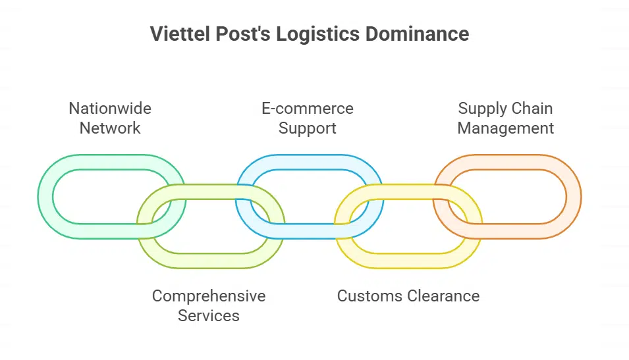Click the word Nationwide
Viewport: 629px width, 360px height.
(x=110, y=109)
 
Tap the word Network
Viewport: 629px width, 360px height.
(x=110, y=128)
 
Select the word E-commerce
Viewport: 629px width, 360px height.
(x=308, y=109)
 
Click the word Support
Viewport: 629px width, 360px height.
(x=308, y=128)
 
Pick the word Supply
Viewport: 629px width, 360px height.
(x=482, y=109)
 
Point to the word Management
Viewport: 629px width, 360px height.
(x=506, y=128)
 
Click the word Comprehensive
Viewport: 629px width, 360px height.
(x=209, y=296)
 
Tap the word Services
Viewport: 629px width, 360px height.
(x=209, y=316)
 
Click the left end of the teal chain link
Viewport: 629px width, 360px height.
(x=45, y=197)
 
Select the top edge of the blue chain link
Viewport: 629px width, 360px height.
(x=310, y=162)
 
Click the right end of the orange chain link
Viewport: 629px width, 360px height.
(x=574, y=197)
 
